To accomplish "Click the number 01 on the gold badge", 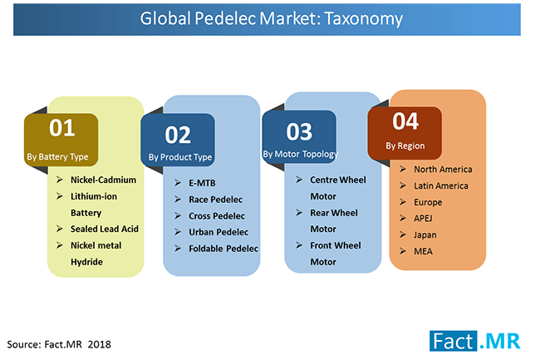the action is point(62,128).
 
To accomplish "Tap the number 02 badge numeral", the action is point(178,135).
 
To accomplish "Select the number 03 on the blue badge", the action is point(299,131).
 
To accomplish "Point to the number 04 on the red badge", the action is point(405,121).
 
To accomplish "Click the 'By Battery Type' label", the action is point(57,157).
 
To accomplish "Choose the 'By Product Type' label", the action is point(180,157).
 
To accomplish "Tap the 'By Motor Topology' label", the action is point(300,155).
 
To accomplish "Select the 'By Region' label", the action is point(405,146).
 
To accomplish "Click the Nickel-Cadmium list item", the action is point(103,180).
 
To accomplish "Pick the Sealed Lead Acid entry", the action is point(105,229).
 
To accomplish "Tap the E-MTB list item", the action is point(202,183).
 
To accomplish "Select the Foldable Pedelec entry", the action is point(223,249).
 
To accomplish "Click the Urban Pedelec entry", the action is point(218,232).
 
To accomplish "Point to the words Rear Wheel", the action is point(334,213).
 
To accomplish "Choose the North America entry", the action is point(443,169).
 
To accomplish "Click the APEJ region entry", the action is point(423,219).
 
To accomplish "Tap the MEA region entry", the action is point(423,251).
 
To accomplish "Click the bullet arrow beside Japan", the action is point(403,234).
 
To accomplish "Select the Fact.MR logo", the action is point(474,341).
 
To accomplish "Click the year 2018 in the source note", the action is point(99,344).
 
